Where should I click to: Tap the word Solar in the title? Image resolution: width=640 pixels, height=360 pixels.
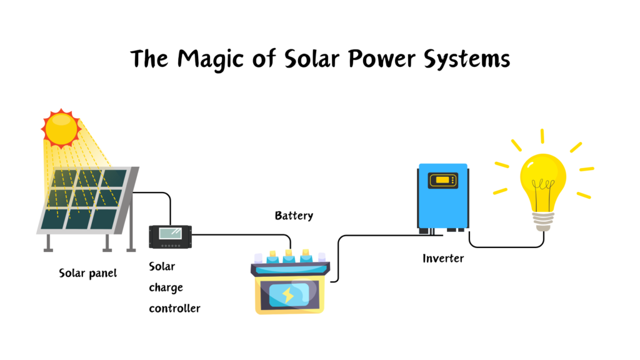(x=303, y=59)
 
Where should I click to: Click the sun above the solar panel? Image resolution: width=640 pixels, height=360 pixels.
(x=61, y=127)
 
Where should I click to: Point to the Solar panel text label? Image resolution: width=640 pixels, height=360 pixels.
(x=88, y=273)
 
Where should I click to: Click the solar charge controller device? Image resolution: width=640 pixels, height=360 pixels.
(x=170, y=236)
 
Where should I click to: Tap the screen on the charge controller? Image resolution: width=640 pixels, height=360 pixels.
(x=170, y=234)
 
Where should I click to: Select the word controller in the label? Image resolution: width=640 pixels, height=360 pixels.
(x=174, y=308)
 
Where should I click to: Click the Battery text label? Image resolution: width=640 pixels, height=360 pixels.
(x=294, y=216)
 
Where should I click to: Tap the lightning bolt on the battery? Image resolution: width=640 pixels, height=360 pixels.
(x=288, y=294)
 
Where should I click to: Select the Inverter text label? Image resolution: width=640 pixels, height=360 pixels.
(x=443, y=258)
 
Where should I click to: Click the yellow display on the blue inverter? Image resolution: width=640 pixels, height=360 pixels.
(x=442, y=181)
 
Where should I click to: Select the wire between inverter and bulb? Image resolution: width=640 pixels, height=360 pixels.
(x=506, y=246)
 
